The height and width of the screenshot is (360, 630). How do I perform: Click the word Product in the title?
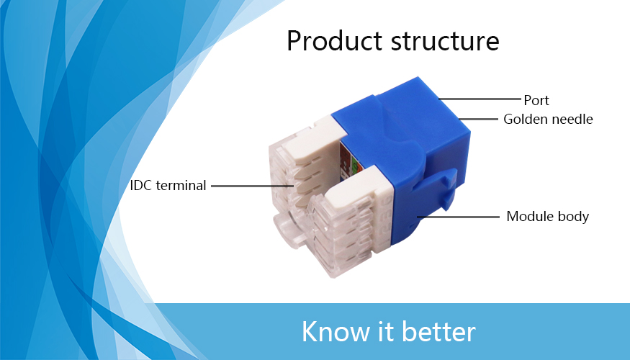[x=334, y=41]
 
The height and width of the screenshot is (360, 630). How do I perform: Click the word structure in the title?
[x=445, y=41]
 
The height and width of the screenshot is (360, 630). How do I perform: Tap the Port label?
[x=536, y=101]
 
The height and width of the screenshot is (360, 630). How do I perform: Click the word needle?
[x=572, y=119]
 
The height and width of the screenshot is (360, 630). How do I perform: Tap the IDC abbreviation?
[x=141, y=186]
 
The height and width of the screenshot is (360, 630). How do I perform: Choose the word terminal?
[x=181, y=186]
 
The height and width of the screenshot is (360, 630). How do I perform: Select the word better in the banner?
[x=438, y=331]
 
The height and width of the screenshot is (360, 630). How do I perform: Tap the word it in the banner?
[x=386, y=331]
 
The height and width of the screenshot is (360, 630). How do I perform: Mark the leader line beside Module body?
[x=458, y=217]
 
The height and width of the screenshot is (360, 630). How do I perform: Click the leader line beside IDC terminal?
[x=252, y=186]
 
